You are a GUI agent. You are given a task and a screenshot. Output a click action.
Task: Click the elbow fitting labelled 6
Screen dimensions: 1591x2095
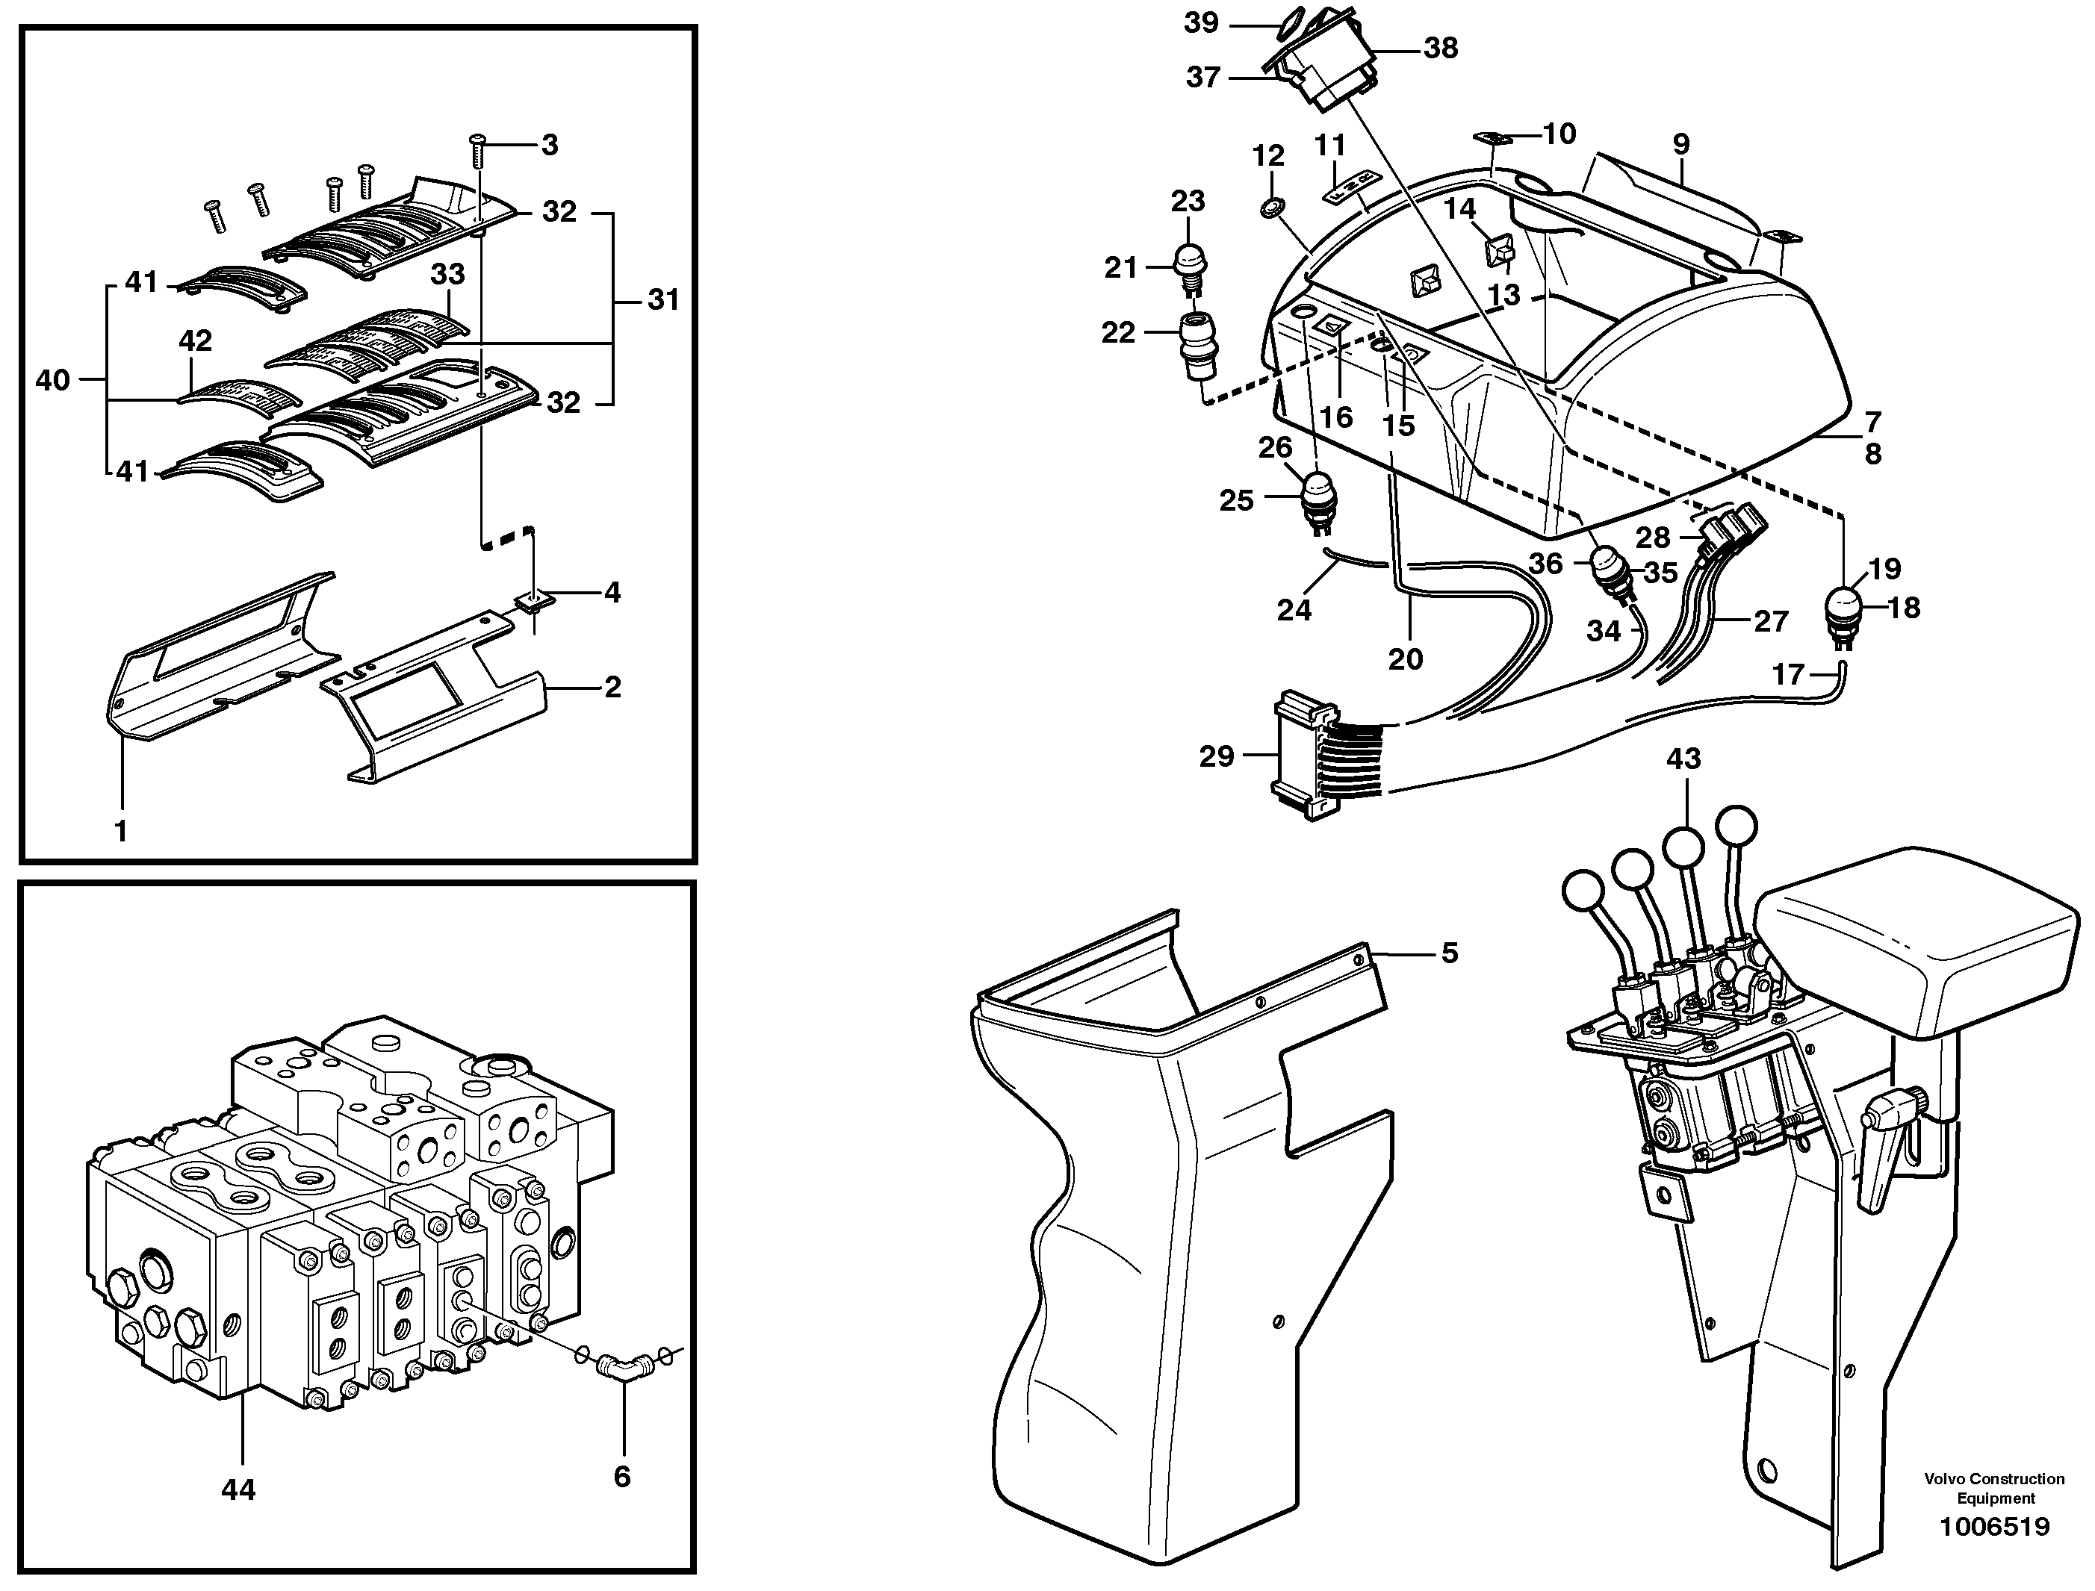[x=621, y=1368]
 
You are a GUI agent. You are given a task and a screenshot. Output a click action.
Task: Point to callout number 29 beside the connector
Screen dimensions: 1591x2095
[x=1217, y=756]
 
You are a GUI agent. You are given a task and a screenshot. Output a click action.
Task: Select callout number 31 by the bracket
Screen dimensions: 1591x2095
[x=663, y=300]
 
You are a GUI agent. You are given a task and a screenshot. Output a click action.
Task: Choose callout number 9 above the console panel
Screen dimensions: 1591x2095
[x=1680, y=144]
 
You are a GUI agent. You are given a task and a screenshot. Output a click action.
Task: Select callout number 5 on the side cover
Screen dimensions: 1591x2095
[x=1449, y=953]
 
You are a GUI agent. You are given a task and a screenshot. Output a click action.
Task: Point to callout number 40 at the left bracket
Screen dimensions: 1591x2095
[x=52, y=380]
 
